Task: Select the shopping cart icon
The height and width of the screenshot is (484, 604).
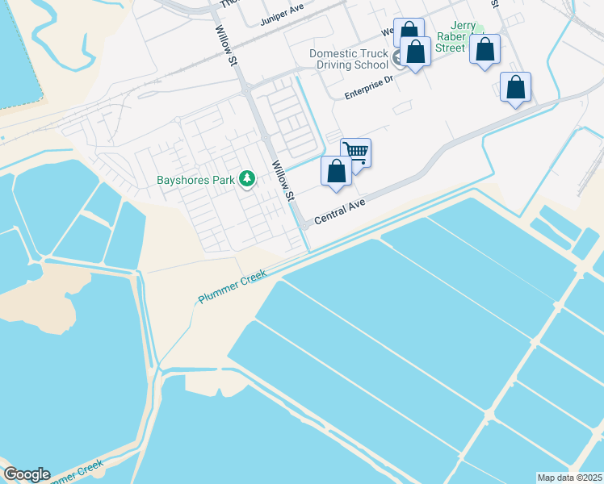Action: click(356, 152)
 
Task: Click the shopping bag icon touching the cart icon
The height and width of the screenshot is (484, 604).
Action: click(336, 171)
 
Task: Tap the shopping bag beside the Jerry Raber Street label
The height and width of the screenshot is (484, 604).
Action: click(484, 50)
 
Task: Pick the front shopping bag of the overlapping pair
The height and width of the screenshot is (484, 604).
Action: click(416, 52)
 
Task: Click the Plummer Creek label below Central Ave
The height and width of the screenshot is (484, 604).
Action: click(233, 287)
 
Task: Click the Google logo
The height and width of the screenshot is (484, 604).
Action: click(27, 474)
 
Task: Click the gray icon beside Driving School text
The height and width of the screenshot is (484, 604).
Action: click(398, 58)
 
